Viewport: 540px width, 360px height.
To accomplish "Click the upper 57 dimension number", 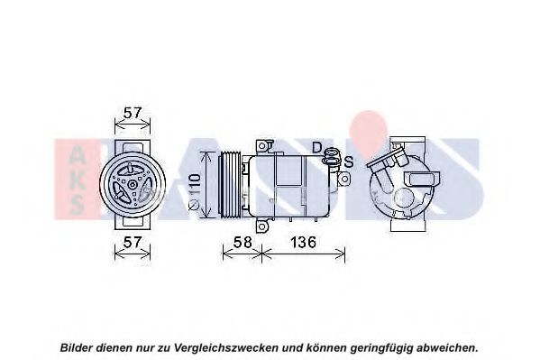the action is (133, 113).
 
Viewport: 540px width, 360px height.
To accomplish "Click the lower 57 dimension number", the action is (133, 242).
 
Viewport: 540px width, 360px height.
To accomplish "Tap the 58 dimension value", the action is (243, 242).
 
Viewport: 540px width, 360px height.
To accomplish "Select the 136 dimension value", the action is (303, 242).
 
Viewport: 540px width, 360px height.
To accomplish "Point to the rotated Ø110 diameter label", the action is (195, 191).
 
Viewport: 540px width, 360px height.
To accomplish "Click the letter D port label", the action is (316, 148).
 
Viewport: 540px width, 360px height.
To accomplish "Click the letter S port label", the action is (349, 162).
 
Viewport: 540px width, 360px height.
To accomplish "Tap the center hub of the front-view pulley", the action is (133, 185).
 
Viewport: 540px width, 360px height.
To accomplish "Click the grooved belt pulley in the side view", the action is (231, 185).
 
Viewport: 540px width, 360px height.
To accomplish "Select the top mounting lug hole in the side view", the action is (261, 146).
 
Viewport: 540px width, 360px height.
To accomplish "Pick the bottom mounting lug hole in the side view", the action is (261, 226).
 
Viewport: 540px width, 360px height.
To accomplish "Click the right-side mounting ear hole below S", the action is (344, 179).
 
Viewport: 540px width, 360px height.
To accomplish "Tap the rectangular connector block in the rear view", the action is (423, 180).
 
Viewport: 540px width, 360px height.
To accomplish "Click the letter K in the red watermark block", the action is (77, 180).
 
